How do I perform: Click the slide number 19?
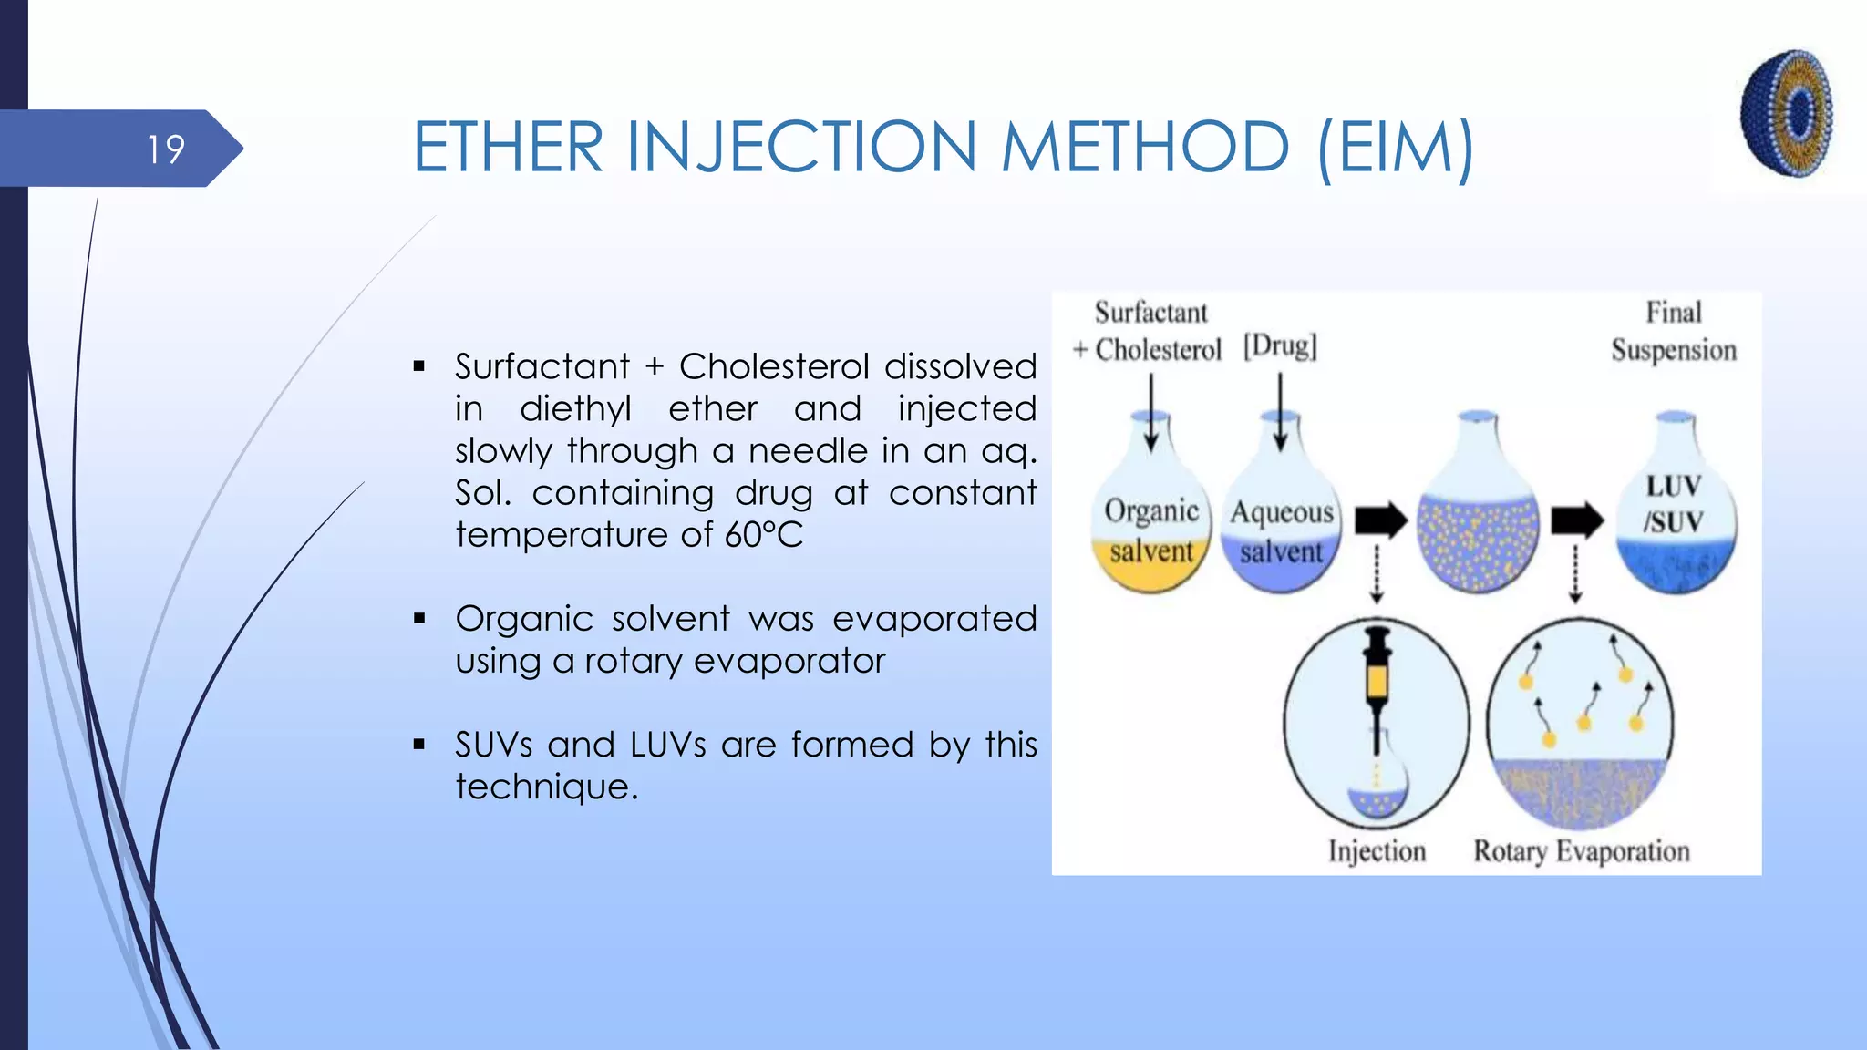[x=165, y=149]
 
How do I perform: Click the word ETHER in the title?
[x=508, y=148]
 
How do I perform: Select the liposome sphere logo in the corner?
[x=1787, y=113]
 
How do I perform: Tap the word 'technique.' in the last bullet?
[x=547, y=787]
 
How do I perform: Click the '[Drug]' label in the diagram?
[x=1280, y=346]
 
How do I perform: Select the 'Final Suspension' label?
[x=1674, y=332]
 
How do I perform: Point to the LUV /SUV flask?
[x=1676, y=520]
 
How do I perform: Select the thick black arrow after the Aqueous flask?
[x=1380, y=520]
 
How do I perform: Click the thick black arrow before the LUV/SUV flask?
[x=1577, y=520]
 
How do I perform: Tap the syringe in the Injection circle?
[x=1377, y=679]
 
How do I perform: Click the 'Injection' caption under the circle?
[x=1377, y=851]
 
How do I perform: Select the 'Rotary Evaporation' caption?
[x=1582, y=851]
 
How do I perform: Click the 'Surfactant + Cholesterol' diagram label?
[x=1150, y=332]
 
